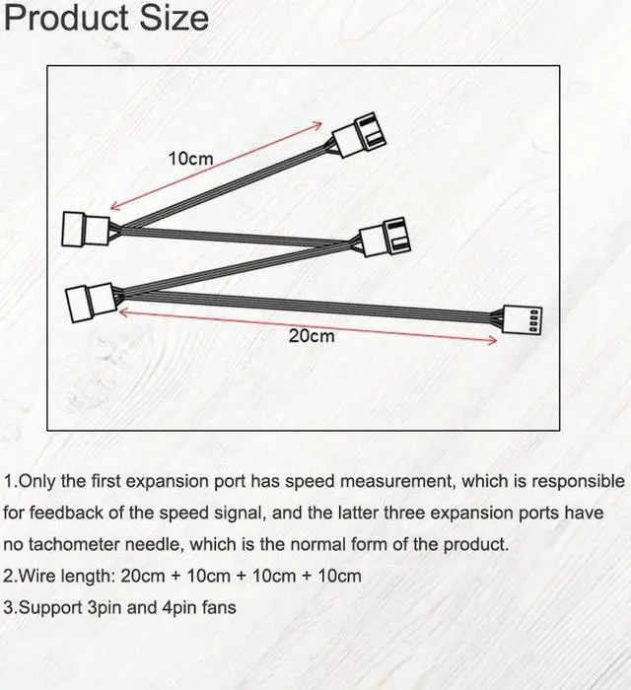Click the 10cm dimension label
click(190, 158)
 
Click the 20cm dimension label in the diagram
click(312, 336)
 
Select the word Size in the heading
click(178, 18)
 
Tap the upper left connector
click(85, 229)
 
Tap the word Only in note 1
click(38, 482)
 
